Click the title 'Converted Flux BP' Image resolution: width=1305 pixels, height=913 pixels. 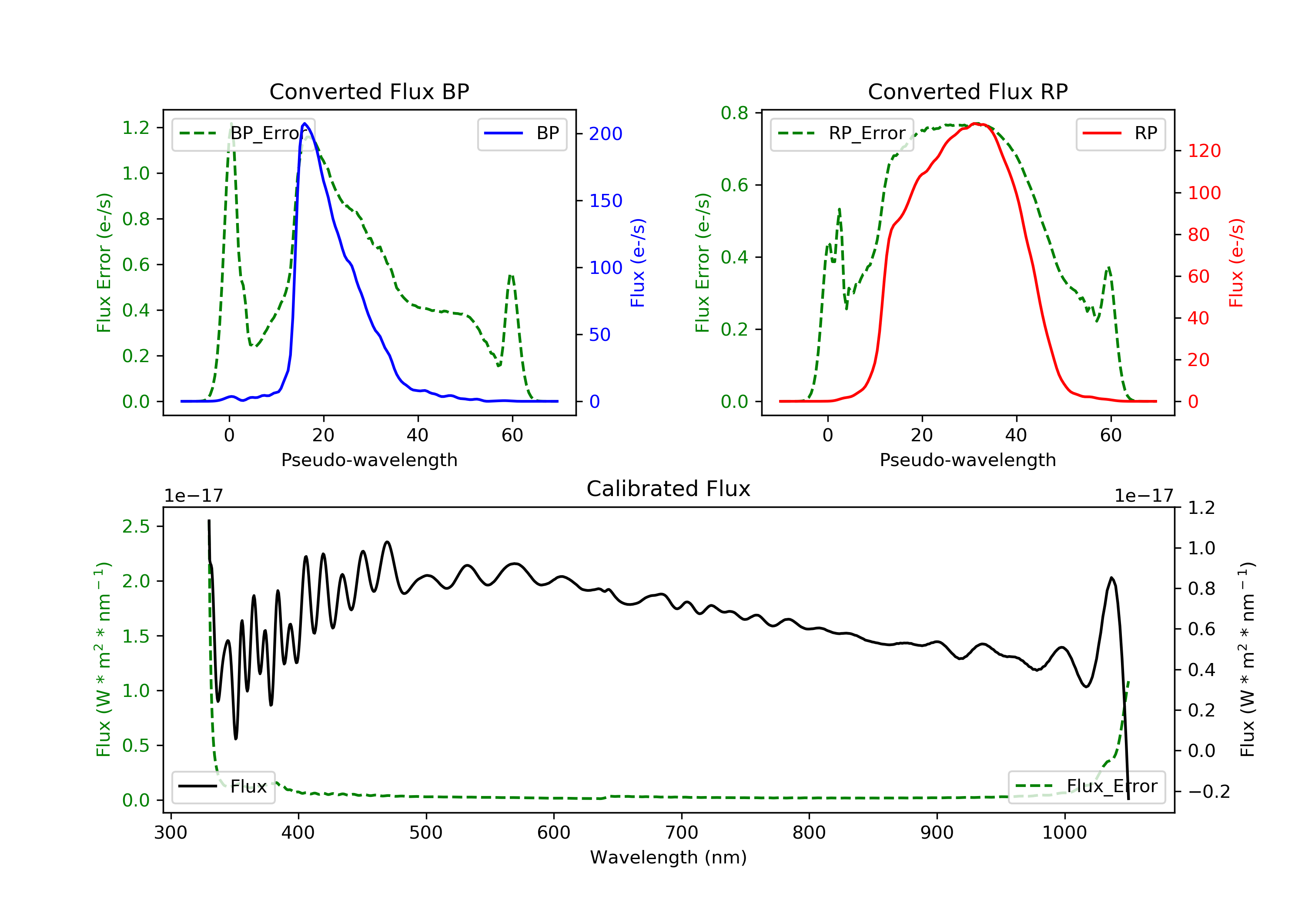(369, 91)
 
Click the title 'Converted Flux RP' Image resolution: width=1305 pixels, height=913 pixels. (967, 91)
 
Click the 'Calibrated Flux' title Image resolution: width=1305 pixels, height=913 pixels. (669, 489)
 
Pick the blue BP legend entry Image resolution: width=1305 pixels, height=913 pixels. (522, 133)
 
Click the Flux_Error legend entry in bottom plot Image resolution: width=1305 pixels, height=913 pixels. (1086, 786)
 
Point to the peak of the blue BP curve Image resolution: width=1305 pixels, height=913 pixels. (304, 123)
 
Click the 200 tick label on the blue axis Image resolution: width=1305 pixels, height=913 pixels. (606, 134)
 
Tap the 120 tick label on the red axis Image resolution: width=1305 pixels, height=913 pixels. (1204, 151)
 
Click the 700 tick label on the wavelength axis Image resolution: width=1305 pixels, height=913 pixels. (682, 833)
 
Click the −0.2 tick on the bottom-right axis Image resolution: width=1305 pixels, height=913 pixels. (1209, 791)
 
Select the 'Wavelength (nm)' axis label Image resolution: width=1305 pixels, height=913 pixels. (669, 857)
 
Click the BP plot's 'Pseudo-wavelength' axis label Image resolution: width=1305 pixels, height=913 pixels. (369, 460)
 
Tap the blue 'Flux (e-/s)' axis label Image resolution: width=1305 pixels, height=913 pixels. (638, 263)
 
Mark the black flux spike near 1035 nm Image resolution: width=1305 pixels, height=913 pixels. (1112, 578)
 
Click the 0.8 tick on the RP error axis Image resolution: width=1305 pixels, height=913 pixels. (734, 113)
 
